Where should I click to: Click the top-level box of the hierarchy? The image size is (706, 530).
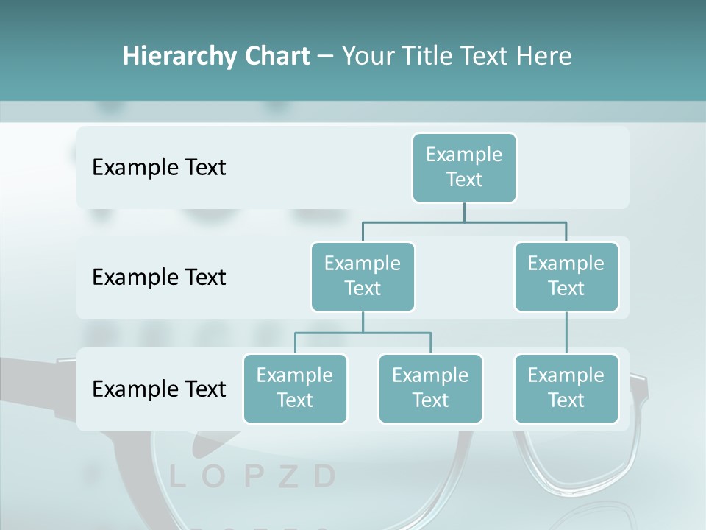coord(464,167)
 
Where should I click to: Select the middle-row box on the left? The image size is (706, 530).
coord(363,276)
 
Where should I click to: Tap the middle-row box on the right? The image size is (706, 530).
coord(566,276)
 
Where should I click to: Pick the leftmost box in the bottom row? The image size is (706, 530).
coord(295,388)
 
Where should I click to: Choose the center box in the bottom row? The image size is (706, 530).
coord(430,388)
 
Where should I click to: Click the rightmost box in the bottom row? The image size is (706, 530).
coord(566,388)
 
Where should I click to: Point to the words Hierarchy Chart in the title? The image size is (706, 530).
coord(216,56)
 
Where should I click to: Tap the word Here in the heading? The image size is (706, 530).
coord(543,56)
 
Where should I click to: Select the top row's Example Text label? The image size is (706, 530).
coord(159,167)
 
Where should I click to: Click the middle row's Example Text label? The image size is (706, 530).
coord(159,277)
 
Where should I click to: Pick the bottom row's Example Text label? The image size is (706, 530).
coord(159,389)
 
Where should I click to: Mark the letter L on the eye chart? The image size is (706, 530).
coord(176,477)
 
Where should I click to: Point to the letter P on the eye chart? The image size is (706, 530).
coord(252,477)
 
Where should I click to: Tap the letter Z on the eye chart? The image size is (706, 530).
coord(288,477)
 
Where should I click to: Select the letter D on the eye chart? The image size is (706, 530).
coord(324,477)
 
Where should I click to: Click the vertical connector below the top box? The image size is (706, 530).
coord(464,212)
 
